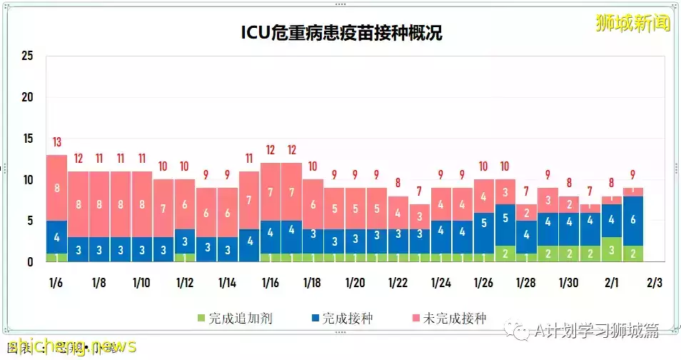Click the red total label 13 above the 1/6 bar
[57, 141]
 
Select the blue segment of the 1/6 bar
[57, 237]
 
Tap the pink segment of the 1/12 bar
[185, 204]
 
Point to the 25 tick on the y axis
[28, 56]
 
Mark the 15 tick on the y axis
[28, 139]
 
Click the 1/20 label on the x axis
[355, 283]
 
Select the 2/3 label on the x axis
[654, 283]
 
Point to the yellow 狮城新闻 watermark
[633, 24]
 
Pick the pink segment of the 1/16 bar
[270, 192]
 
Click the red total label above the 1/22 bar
[398, 183]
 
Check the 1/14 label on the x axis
[228, 283]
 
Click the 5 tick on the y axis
[31, 221]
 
